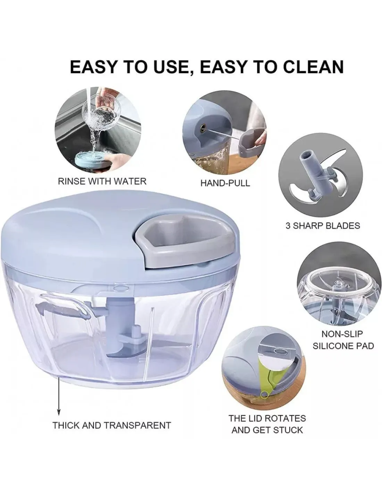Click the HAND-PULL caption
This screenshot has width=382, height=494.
coord(225,183)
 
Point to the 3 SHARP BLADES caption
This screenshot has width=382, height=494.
coord(323,226)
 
